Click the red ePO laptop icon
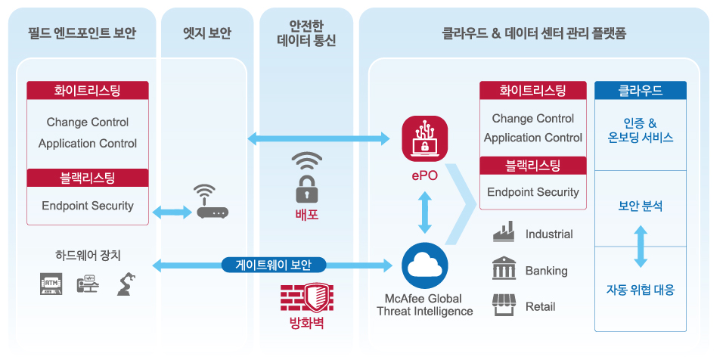coord(424,139)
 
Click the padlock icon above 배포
coord(306,178)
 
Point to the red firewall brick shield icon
coord(306,297)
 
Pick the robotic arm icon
coord(126,284)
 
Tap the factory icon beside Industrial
coord(504,231)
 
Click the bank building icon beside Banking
coord(504,269)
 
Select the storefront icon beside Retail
coord(504,305)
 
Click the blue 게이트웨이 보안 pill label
coord(274,265)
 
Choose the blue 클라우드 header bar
coord(641,90)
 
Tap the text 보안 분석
coord(641,206)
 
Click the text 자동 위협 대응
coord(641,290)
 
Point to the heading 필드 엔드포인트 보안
coord(82,34)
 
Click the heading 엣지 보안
coord(207,34)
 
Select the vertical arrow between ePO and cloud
coord(424,213)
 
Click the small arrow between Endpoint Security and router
coord(172,213)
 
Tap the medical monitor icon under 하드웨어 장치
coord(88,284)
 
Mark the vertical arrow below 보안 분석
coord(641,247)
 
